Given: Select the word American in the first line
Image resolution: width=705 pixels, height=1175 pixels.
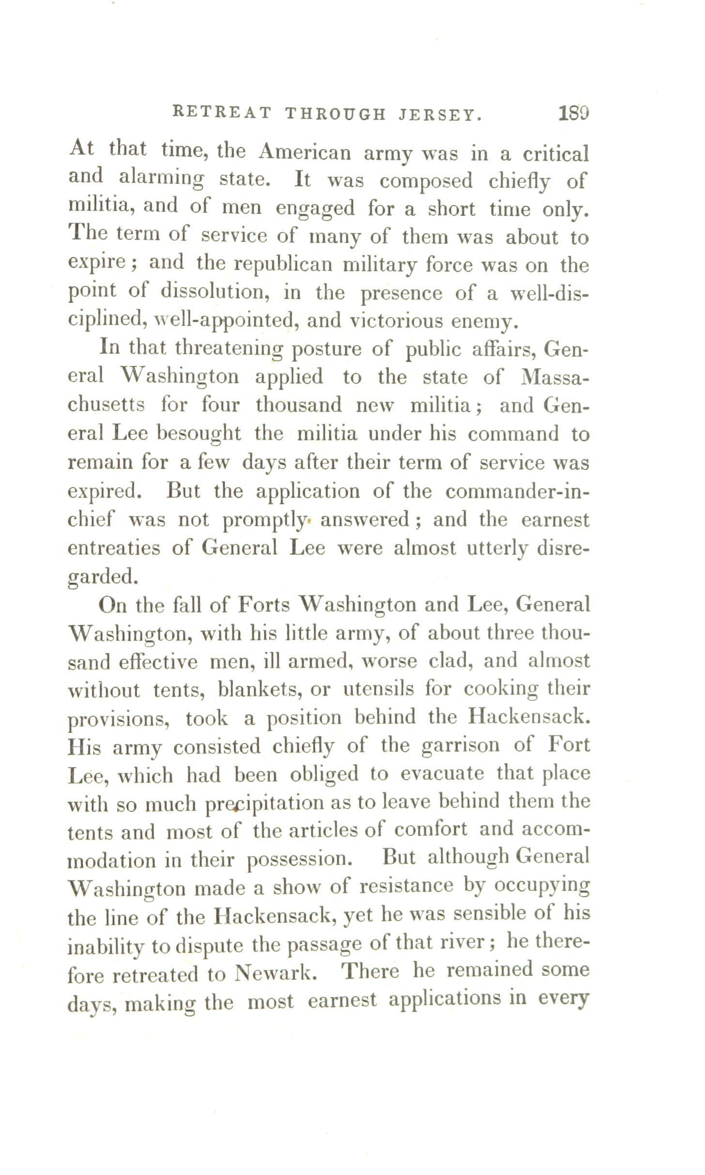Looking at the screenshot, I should [x=305, y=152].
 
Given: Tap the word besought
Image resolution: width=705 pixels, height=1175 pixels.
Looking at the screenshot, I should [x=199, y=433].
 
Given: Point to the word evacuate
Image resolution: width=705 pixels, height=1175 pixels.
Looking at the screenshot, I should [x=442, y=774].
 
